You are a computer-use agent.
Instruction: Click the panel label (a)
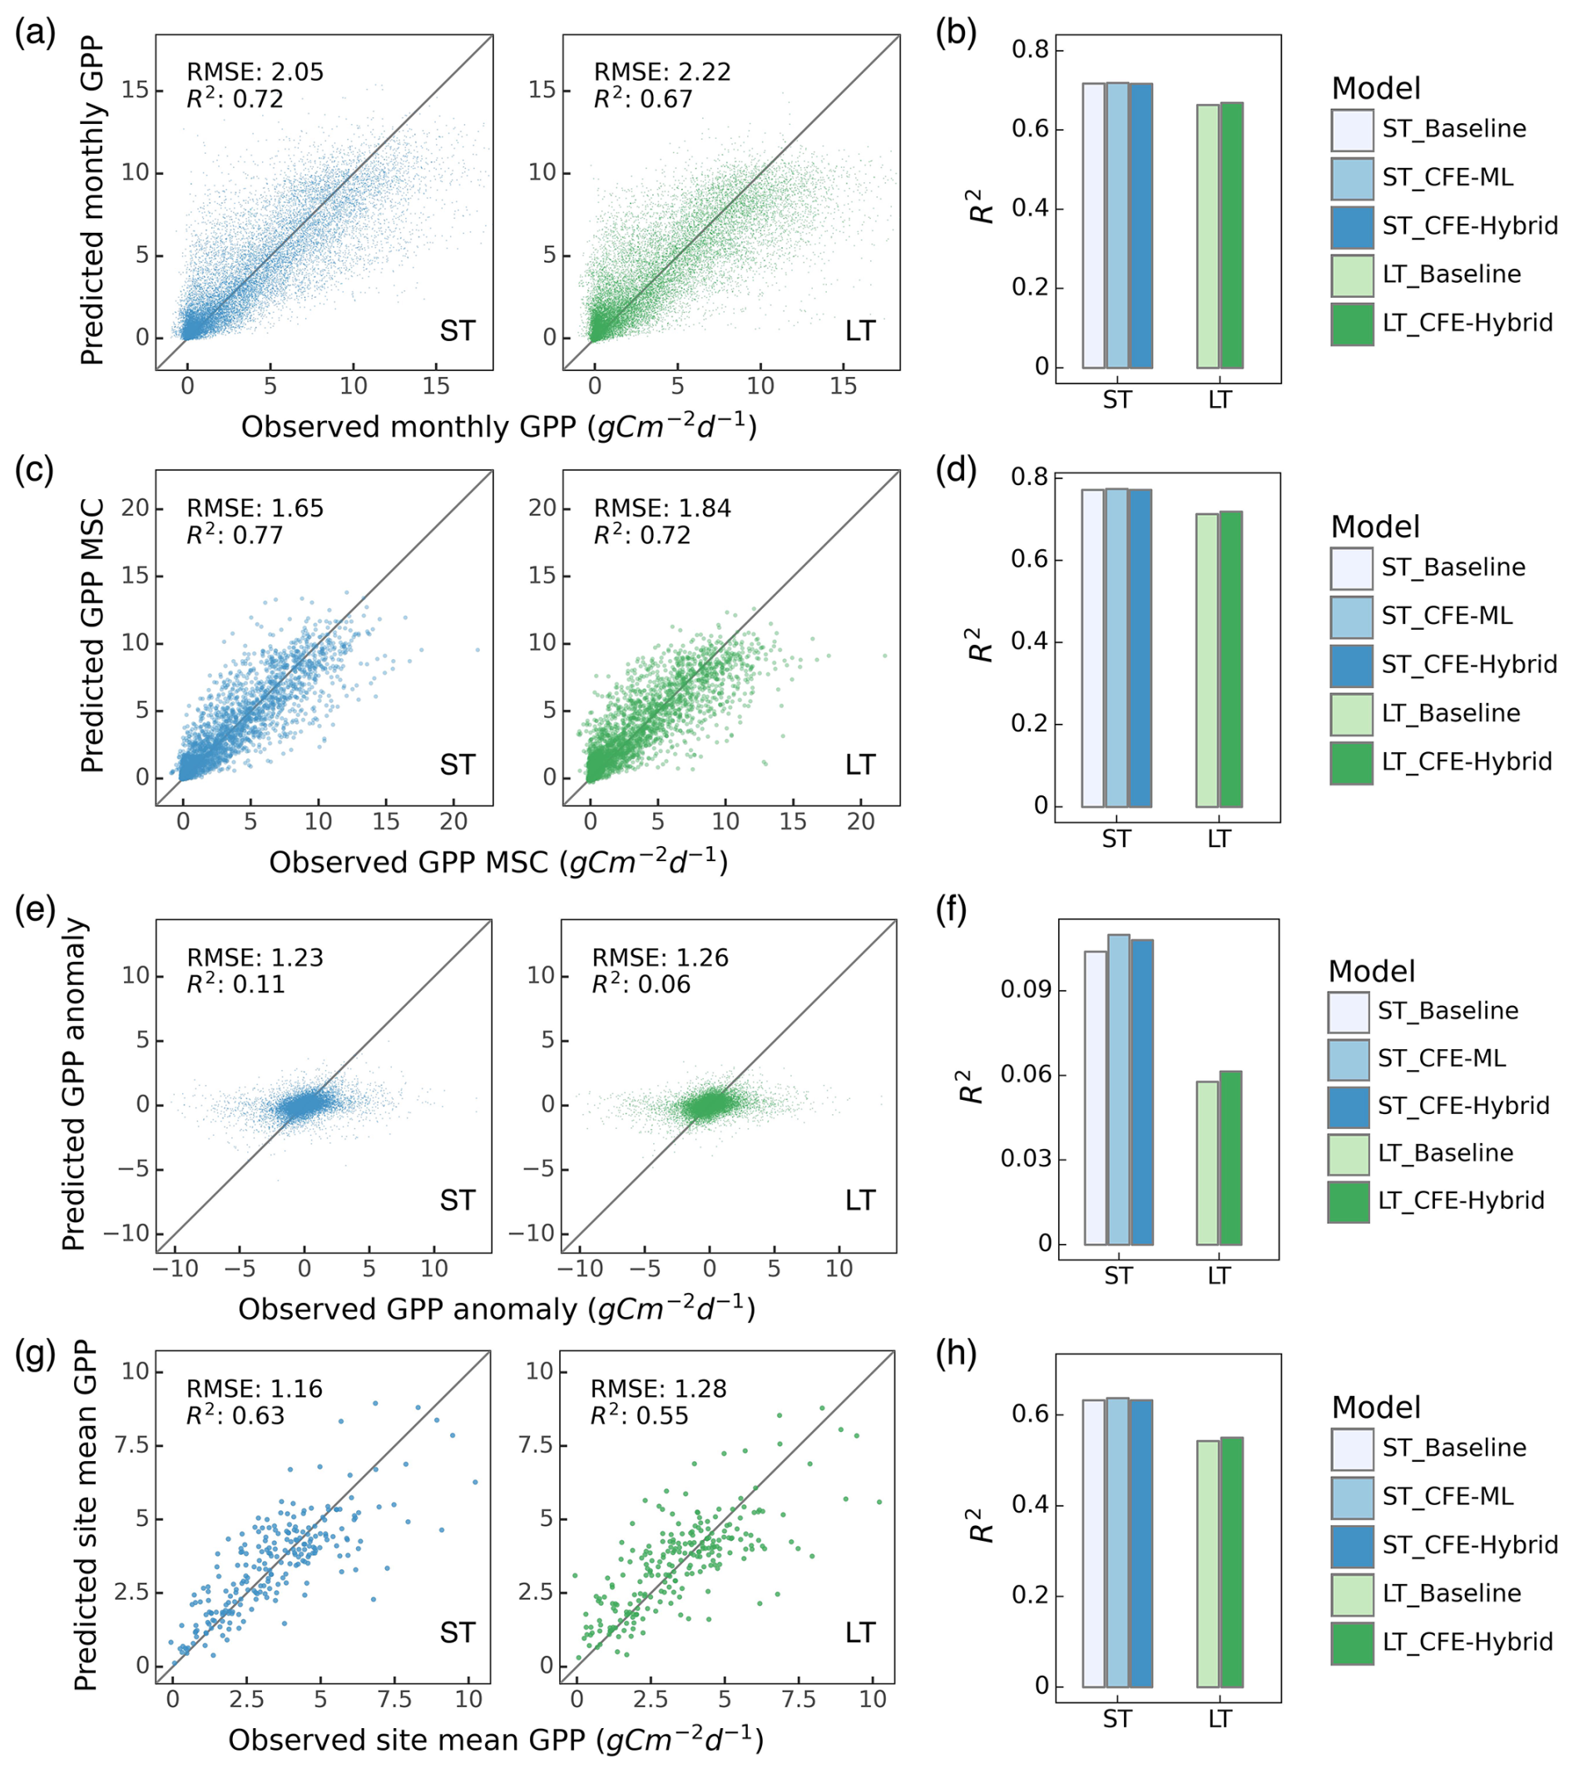(36, 34)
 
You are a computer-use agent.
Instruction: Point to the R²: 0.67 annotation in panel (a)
(642, 99)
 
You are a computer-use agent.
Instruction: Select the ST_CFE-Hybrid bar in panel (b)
(1141, 225)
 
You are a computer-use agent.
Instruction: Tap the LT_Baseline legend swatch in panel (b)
(1352, 275)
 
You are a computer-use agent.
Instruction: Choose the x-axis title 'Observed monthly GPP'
(498, 427)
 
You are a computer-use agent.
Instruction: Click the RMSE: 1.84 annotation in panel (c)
(661, 508)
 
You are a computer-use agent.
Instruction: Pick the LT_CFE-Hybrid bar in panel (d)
(1230, 659)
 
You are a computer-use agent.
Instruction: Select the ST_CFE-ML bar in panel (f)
(1118, 1089)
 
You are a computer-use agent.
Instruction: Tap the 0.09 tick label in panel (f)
(1026, 991)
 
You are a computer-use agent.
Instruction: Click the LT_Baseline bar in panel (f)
(1207, 1163)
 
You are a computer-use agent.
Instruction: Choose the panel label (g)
(36, 1353)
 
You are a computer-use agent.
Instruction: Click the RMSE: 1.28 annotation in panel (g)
(658, 1389)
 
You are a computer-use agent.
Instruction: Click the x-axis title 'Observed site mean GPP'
(495, 1740)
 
